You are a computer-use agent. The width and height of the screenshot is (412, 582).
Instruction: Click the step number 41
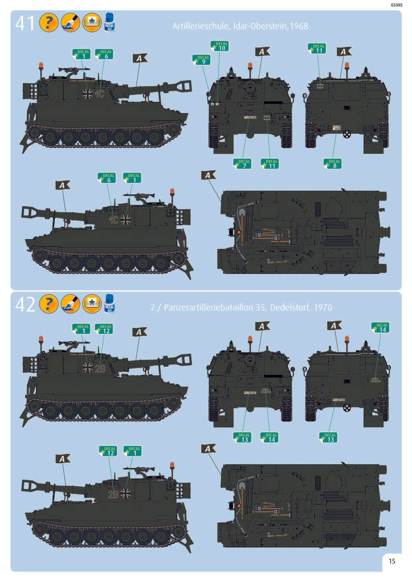(x=25, y=23)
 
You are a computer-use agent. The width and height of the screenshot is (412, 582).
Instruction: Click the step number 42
(x=25, y=304)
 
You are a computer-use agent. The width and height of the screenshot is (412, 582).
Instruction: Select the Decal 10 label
(x=220, y=46)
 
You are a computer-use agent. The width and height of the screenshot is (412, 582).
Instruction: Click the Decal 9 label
(x=202, y=60)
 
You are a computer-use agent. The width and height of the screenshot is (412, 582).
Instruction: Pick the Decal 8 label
(x=333, y=164)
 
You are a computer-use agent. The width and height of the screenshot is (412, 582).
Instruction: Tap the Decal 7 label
(x=242, y=164)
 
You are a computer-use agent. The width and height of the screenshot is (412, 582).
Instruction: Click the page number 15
(x=392, y=561)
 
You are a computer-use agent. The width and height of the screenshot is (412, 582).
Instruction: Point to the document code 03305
(x=396, y=5)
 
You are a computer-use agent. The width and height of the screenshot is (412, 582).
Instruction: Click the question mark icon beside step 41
(x=48, y=23)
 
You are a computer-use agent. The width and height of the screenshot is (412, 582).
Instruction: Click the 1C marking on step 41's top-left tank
(x=99, y=94)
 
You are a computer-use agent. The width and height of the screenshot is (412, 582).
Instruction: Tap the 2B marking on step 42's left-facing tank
(x=113, y=494)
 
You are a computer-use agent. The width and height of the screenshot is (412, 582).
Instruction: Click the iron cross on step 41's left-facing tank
(x=125, y=220)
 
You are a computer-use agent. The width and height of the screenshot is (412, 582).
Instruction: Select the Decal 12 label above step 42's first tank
(x=104, y=328)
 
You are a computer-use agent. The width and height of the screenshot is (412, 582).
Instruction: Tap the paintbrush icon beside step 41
(x=70, y=23)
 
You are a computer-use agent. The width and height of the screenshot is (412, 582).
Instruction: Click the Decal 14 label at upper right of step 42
(x=380, y=327)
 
